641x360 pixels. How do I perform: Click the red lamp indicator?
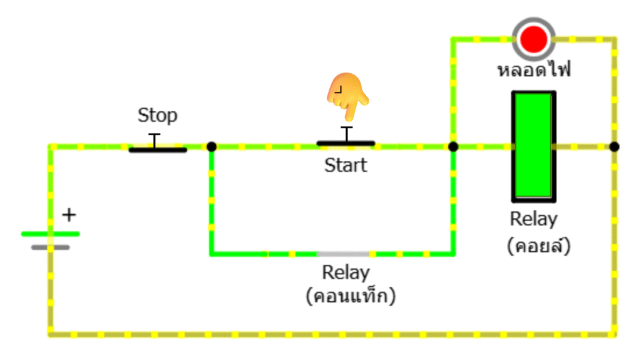(x=533, y=39)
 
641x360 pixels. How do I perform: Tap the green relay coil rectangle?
(x=533, y=147)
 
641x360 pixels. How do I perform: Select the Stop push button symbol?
(x=157, y=148)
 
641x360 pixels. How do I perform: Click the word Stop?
(x=157, y=115)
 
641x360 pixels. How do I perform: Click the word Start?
(x=346, y=165)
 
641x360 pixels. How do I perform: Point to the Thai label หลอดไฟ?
(x=534, y=69)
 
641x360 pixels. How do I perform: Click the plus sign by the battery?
(x=69, y=215)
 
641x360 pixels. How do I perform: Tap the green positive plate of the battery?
(x=50, y=234)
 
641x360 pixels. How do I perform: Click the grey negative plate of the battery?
(x=50, y=247)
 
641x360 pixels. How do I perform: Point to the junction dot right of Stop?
(x=212, y=147)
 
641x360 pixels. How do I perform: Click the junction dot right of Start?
(x=453, y=147)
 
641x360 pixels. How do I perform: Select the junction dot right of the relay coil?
(x=615, y=147)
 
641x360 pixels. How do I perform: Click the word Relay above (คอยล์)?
(x=533, y=219)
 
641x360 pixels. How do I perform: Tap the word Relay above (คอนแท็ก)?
(x=346, y=273)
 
